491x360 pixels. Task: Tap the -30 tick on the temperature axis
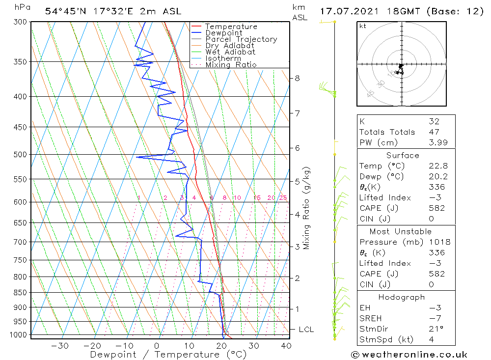click(60, 346)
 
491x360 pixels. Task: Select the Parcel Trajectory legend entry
click(241, 39)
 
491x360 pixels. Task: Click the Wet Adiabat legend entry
click(230, 52)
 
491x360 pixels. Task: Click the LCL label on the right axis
click(306, 329)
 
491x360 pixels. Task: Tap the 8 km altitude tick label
click(298, 78)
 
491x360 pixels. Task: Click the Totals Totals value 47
click(434, 132)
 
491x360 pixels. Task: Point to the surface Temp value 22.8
click(437, 166)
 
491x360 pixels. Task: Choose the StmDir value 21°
click(436, 329)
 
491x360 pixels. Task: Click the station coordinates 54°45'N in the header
click(65, 11)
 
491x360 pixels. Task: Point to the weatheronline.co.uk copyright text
click(409, 355)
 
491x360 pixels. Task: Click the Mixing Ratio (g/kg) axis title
click(307, 208)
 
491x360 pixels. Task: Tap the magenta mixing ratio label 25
click(283, 198)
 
